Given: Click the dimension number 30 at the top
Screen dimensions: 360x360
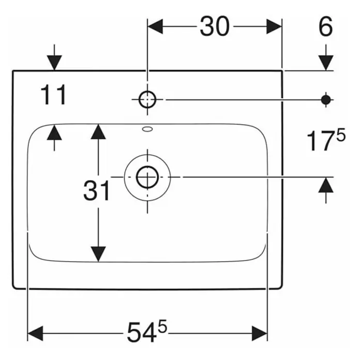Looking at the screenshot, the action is (215, 26).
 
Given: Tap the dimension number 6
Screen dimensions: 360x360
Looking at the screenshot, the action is (325, 26).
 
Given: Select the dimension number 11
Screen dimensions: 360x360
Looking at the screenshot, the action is (53, 94).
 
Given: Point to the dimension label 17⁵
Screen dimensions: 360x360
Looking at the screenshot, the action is (326, 140).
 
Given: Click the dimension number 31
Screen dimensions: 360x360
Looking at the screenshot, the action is (96, 190).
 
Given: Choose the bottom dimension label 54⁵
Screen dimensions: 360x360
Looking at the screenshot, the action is (147, 331).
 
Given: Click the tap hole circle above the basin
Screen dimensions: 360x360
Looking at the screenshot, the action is (147, 99).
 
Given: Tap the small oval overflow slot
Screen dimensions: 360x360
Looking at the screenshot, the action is (147, 129).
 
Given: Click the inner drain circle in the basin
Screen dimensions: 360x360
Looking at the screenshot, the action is (147, 177).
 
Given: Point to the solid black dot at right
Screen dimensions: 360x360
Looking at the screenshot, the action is (326, 100).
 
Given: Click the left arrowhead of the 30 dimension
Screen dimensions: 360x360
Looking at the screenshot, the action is (155, 26).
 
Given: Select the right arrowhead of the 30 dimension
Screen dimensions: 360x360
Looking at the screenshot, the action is (274, 26).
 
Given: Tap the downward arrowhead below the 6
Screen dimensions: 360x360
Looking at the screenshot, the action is (326, 63).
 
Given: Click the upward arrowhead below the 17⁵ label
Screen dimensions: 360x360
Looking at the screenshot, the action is (326, 185).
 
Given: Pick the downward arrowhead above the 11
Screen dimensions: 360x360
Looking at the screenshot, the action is (54, 63).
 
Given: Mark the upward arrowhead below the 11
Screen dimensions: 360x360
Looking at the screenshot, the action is (54, 132).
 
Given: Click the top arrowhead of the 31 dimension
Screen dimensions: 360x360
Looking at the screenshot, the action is (98, 132).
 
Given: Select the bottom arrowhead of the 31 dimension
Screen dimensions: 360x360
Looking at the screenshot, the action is (98, 254).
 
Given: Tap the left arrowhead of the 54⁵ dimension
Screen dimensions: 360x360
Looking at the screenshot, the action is (35, 333).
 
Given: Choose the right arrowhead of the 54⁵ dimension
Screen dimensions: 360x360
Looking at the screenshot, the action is (260, 333).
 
